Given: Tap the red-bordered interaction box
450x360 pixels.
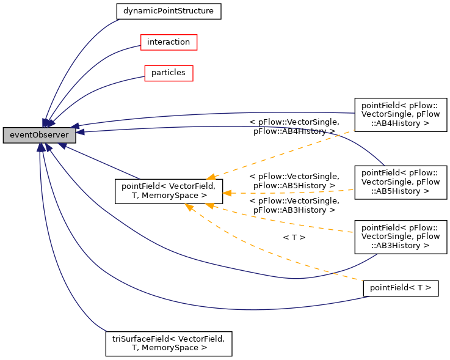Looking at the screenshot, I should [169, 42].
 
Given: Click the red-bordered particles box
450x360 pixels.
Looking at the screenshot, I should [169, 73].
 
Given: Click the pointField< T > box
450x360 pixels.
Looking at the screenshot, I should [401, 287].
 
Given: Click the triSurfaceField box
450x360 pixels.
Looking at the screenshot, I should [169, 343].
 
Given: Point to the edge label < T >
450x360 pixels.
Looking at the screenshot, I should [294, 237].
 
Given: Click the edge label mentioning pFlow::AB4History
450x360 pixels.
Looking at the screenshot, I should [294, 127].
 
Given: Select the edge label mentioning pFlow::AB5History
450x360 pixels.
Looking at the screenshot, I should [294, 181].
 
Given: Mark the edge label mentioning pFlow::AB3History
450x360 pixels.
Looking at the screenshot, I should [294, 205].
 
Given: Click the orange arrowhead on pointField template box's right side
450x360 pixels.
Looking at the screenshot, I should [227, 193].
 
